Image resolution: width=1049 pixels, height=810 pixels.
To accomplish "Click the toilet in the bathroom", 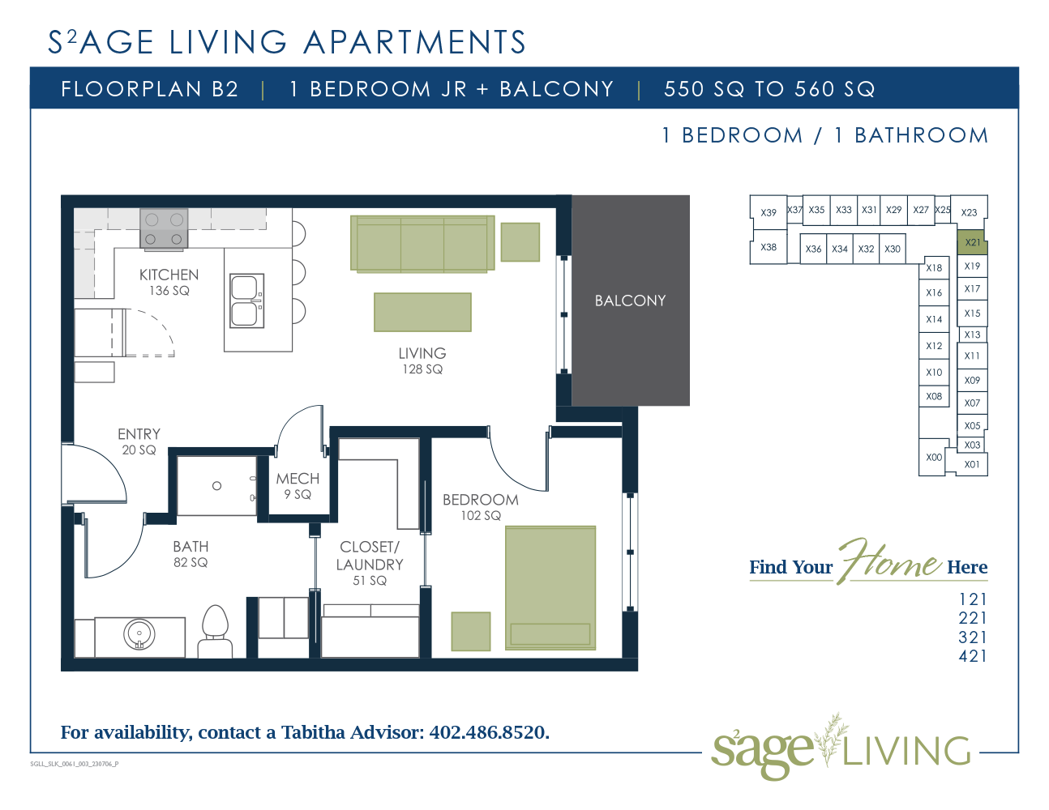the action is point(216,632).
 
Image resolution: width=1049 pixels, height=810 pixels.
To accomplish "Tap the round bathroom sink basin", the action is point(139,635).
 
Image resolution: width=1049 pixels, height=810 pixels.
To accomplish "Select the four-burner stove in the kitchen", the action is point(164,228).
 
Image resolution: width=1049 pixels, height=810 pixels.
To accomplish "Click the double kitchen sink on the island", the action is point(246,301).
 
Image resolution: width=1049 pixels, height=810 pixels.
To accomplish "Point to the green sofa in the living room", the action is point(422,244).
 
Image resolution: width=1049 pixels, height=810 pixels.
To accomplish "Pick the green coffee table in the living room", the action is point(422,312).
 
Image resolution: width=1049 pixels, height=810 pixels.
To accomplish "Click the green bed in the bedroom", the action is point(550,588).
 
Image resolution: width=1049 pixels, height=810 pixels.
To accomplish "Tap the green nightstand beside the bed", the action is point(471,631).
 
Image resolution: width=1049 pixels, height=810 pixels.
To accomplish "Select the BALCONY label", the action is point(630,301).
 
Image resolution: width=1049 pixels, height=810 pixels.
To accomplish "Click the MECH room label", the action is point(298,479).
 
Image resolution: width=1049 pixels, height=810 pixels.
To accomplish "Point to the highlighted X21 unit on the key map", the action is point(972,242).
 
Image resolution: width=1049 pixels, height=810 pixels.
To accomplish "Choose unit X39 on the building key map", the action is point(768,212).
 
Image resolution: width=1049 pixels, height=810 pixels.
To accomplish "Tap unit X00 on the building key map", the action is point(934,457).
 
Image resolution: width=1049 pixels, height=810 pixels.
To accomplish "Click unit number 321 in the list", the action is point(973,637).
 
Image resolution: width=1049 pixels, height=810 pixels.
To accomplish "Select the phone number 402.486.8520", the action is point(489,732).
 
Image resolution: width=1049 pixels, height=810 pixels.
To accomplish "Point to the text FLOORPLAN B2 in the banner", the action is point(150,89).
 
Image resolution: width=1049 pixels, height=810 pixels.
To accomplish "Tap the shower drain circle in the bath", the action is point(216,486).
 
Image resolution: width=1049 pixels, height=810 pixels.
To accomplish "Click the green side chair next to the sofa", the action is point(520,242).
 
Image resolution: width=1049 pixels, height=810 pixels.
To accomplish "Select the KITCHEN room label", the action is point(169,275).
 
